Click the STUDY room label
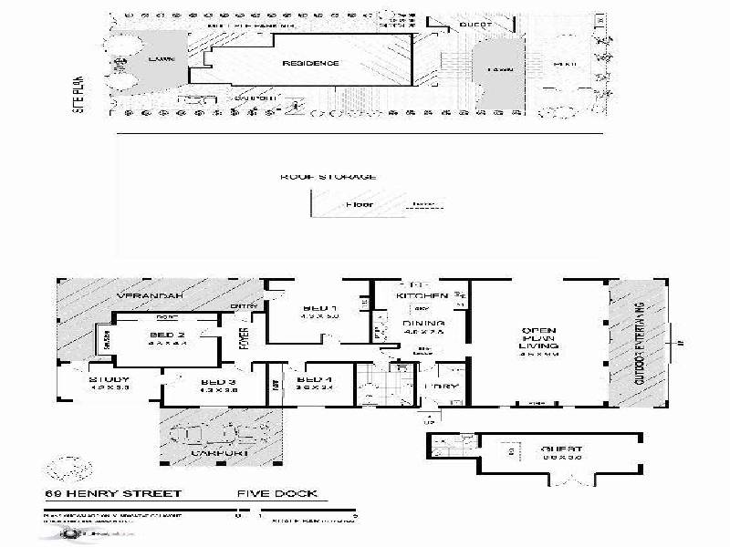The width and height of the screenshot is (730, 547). click(x=109, y=379)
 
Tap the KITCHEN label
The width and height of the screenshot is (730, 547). click(x=422, y=296)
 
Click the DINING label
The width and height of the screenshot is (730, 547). click(x=422, y=324)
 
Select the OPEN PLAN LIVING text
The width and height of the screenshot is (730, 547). click(x=538, y=338)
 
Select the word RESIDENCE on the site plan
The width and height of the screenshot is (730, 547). click(x=310, y=64)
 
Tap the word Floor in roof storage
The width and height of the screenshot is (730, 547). click(x=359, y=204)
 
